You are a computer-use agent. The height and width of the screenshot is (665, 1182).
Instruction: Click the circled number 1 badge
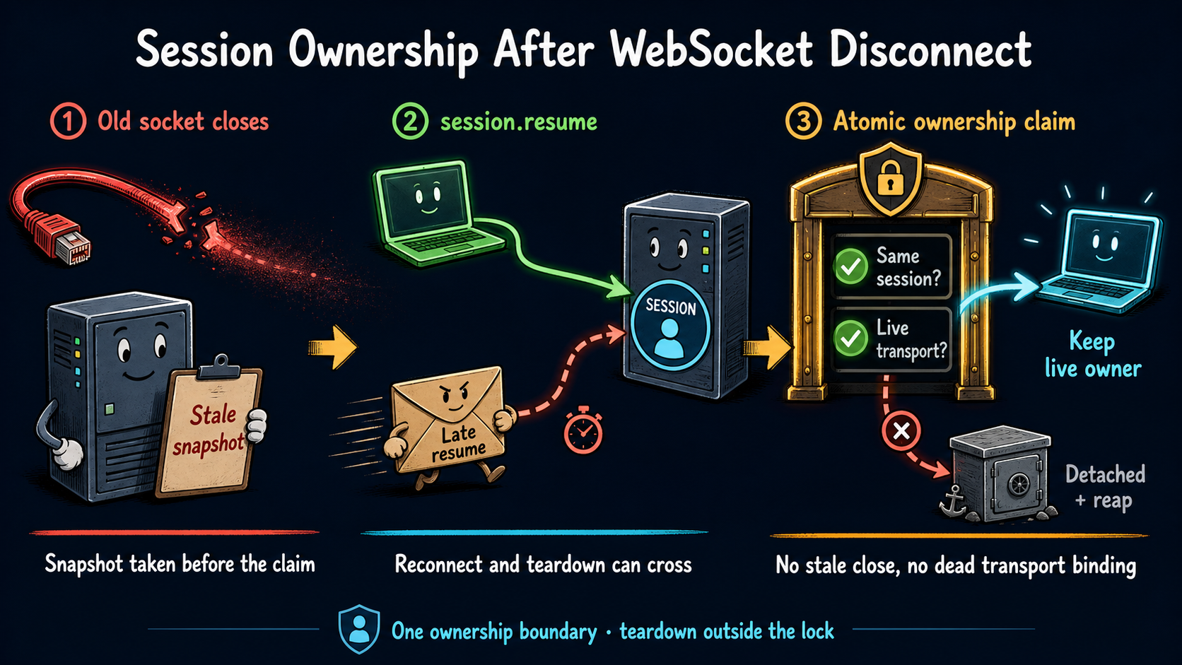point(68,122)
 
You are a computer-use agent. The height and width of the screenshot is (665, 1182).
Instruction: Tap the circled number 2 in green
point(410,122)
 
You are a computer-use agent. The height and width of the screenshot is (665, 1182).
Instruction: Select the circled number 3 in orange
point(803,122)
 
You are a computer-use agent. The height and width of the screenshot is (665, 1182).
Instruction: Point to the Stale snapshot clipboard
point(211,427)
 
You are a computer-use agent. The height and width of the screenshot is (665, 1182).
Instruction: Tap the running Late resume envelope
point(448,427)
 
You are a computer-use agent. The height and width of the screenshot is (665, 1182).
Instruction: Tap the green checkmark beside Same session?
point(850,266)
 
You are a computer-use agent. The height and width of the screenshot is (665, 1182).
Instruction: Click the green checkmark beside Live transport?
point(850,339)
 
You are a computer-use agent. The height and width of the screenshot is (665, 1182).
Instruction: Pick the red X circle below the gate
point(901,431)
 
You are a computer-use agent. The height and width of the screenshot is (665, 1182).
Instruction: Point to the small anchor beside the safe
point(953,501)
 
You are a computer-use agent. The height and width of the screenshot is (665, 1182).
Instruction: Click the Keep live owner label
point(1093,354)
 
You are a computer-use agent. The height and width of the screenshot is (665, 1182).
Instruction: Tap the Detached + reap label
point(1105,487)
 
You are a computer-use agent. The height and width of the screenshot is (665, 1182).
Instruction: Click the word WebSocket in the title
point(712,50)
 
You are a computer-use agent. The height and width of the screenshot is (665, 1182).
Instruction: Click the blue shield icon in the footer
point(359,629)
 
